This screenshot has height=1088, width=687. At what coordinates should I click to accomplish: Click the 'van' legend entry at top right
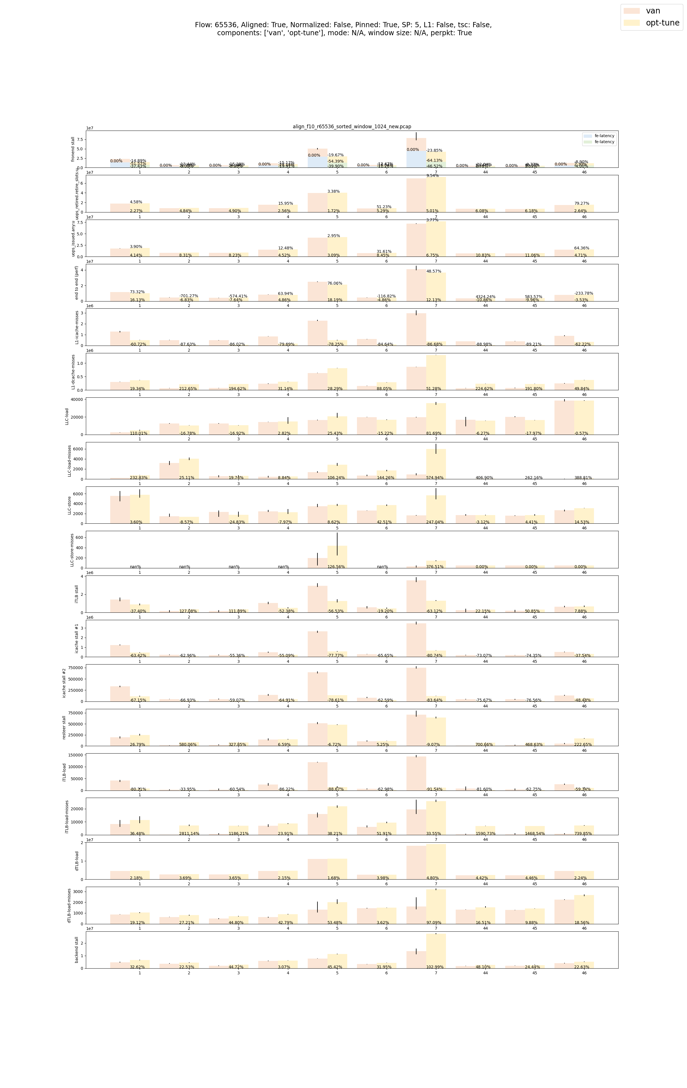(x=653, y=11)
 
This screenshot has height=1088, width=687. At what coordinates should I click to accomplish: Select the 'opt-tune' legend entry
(x=662, y=23)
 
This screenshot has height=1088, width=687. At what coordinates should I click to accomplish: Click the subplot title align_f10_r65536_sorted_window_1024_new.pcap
(x=352, y=127)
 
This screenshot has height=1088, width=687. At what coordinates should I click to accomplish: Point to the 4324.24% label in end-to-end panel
(x=485, y=297)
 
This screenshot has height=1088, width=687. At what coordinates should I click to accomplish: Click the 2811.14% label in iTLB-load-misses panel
(x=189, y=834)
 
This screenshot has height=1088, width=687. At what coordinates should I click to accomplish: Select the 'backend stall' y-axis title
(x=77, y=950)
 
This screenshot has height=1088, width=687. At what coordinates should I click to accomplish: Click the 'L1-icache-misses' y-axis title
(x=77, y=327)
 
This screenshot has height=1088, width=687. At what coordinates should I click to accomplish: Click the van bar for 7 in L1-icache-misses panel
(x=416, y=330)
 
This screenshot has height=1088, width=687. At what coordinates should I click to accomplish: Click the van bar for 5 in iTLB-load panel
(x=317, y=776)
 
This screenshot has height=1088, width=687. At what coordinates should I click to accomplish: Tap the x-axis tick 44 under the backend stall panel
(x=485, y=973)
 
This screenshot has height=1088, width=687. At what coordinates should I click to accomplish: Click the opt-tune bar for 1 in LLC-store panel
(x=140, y=509)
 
